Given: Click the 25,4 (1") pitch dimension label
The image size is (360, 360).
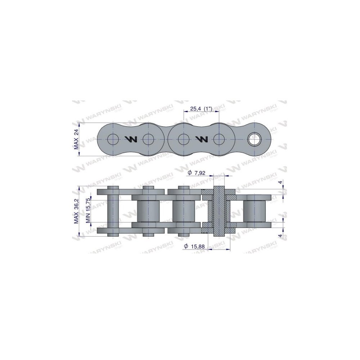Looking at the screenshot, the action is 201,109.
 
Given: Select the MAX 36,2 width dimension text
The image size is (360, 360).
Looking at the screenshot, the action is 76,211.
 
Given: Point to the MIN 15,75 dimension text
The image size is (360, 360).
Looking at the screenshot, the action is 88,211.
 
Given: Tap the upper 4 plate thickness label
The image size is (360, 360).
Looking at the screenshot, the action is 280,182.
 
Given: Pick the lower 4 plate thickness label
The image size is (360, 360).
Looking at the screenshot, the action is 280,236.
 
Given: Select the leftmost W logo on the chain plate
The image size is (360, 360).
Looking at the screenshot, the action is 131,139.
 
